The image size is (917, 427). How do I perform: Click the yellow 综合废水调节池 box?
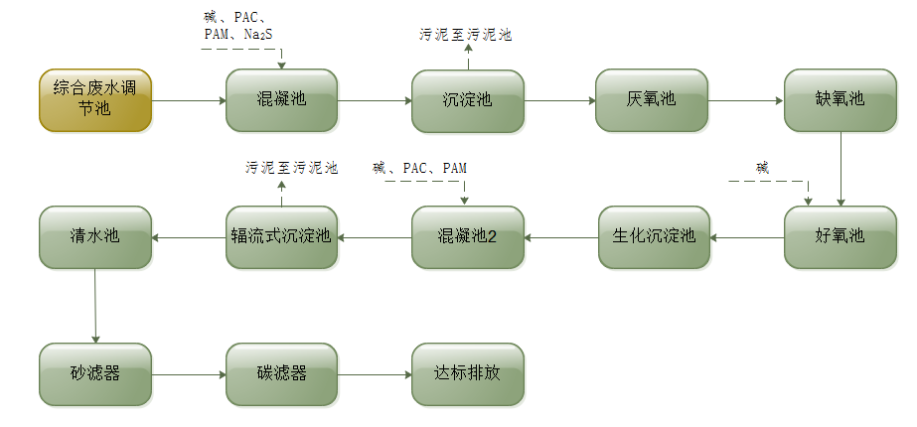95,100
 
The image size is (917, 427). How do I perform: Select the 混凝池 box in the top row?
281,100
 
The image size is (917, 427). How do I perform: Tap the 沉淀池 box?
468,100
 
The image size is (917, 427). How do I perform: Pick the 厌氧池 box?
652,100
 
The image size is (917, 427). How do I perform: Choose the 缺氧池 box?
840,100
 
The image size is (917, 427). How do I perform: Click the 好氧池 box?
840,236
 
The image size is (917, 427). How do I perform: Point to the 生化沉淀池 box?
653,236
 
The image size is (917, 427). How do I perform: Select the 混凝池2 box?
467,236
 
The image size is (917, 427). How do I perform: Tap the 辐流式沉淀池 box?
281,236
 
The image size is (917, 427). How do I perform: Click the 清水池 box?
95,236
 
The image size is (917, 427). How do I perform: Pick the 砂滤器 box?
95,374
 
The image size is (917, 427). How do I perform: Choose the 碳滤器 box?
281,374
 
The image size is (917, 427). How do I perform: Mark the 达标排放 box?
467,374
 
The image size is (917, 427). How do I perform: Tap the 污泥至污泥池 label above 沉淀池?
465,35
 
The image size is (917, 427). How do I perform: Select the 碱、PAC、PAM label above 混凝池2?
419,168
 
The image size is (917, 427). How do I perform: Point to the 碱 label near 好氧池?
762,167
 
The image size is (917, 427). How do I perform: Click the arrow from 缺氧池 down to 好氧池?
841,169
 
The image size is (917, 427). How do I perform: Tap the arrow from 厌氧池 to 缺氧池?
745,100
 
